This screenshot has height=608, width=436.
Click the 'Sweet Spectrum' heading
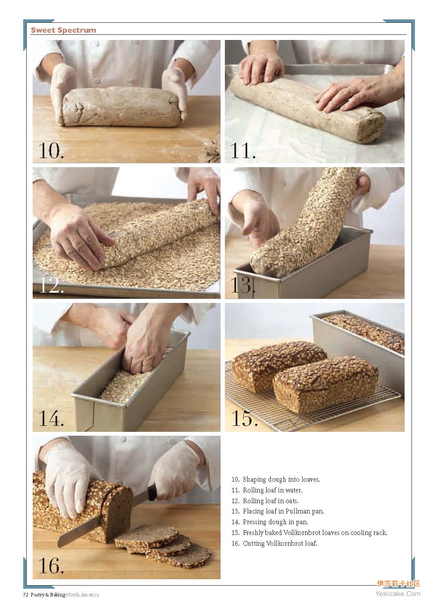[64, 30]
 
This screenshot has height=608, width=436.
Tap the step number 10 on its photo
[51, 151]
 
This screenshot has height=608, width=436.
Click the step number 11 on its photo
[243, 151]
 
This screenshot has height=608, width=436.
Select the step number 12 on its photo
[52, 285]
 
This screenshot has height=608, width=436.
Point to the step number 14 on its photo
[51, 418]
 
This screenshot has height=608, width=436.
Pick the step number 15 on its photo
[244, 418]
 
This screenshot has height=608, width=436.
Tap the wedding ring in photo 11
[349, 90]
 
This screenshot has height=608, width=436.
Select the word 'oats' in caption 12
[292, 501]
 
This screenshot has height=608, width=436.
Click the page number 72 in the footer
[25, 595]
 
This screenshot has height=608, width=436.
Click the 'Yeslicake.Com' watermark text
[398, 594]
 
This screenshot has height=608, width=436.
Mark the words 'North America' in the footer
[83, 595]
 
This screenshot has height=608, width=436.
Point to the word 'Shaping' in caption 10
[255, 480]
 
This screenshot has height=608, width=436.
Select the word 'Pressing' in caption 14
[254, 522]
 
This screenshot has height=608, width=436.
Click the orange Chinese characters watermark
[399, 584]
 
